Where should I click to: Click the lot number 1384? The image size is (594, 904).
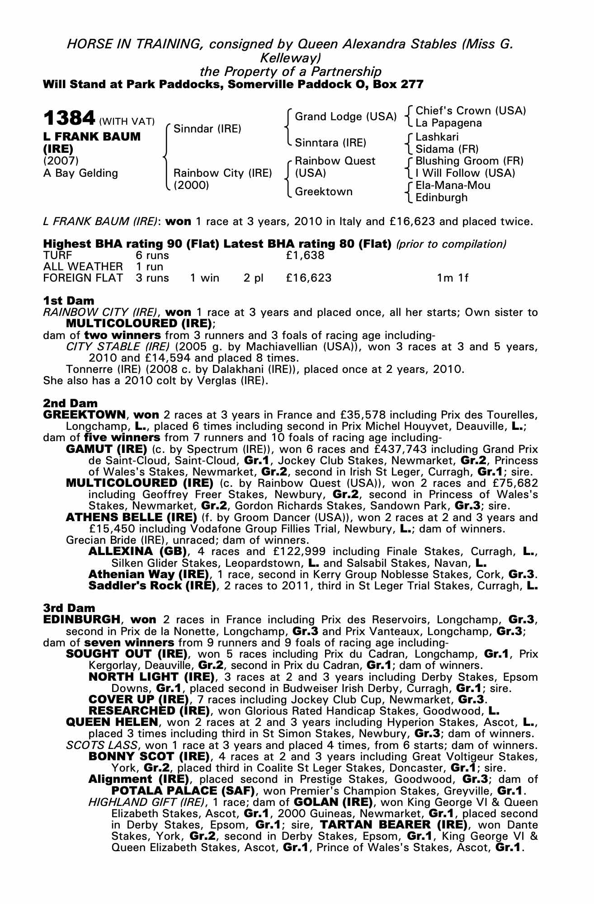click(x=69, y=118)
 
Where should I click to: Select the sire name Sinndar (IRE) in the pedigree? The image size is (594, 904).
click(x=207, y=129)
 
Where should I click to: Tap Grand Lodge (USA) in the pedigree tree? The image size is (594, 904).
click(x=345, y=117)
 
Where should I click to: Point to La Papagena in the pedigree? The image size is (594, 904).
click(x=448, y=123)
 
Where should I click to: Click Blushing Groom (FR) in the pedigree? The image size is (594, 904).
click(x=469, y=161)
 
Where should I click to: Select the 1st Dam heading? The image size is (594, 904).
click(x=69, y=301)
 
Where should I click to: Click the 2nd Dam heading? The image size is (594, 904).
click(x=70, y=403)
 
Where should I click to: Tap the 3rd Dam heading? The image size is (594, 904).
click(x=69, y=608)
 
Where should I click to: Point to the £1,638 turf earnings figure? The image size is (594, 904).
click(x=305, y=255)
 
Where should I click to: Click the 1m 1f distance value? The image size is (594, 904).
click(x=452, y=278)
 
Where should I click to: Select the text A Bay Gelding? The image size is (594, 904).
click(x=80, y=173)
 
